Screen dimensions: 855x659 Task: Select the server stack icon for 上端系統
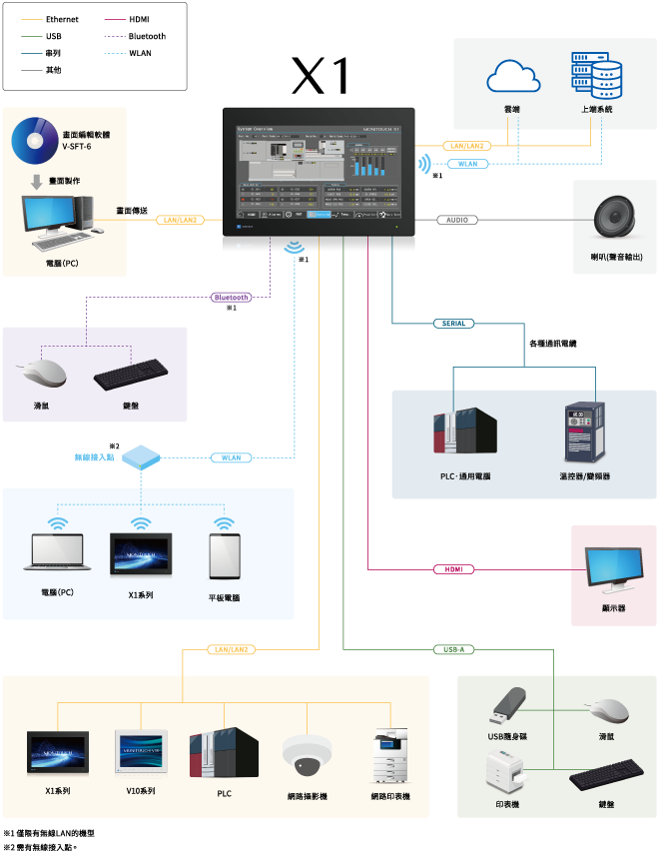[596, 76]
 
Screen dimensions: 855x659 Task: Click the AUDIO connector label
[456, 220]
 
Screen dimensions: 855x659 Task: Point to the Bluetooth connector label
[231, 297]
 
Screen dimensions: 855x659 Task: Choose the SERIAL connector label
[454, 324]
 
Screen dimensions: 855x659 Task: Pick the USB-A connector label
[454, 649]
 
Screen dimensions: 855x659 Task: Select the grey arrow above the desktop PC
[36, 182]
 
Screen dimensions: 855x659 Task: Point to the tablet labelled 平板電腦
[224, 556]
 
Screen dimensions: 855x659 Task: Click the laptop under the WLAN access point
[57, 552]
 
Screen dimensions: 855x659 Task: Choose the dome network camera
[306, 756]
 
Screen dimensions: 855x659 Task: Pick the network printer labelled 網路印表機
[389, 755]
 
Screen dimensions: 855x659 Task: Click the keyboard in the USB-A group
[606, 773]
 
